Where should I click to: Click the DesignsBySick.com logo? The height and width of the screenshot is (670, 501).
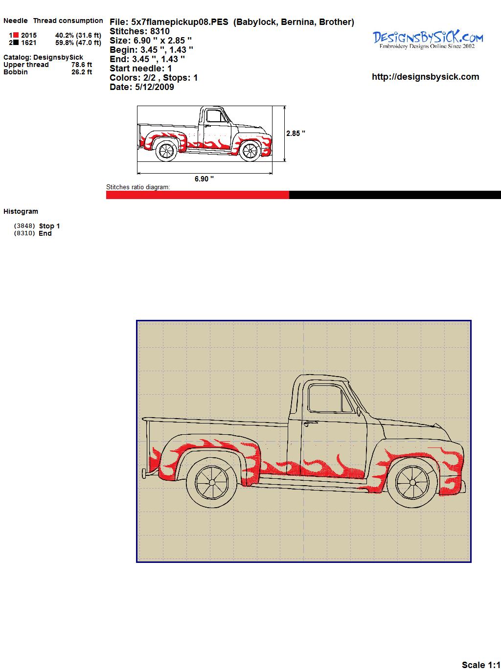coord(428,40)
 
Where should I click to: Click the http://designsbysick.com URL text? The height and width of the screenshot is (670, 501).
coord(425,77)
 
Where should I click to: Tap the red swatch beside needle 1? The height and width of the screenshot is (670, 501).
coord(16,35)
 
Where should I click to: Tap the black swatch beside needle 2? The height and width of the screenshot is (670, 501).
coord(16,43)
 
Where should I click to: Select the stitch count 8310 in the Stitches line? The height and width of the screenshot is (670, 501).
coord(159,31)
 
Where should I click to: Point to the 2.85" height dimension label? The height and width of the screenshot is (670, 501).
coord(296,134)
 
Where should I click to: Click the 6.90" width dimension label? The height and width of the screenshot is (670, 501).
coord(204,179)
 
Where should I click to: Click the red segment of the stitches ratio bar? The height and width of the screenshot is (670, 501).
coord(198,195)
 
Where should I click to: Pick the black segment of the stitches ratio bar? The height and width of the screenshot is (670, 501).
coord(395,195)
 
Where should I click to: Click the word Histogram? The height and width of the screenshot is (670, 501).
coord(21,211)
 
